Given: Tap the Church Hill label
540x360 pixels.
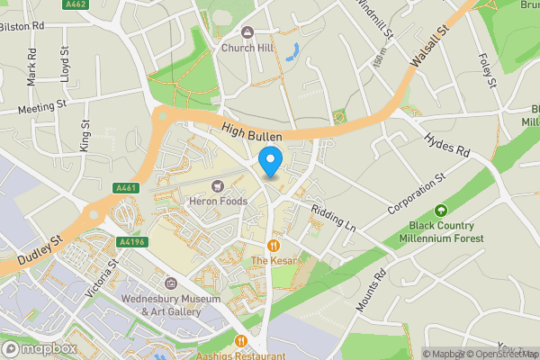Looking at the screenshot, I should pyautogui.click(x=247, y=48).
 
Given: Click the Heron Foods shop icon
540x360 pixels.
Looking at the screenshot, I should pyautogui.click(x=216, y=186).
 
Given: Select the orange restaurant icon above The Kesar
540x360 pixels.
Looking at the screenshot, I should pyautogui.click(x=273, y=246).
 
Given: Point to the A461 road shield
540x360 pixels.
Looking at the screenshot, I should pyautogui.click(x=126, y=188).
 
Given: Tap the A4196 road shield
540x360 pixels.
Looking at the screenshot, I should pyautogui.click(x=131, y=242).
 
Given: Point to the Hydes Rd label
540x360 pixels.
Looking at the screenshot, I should pyautogui.click(x=447, y=144).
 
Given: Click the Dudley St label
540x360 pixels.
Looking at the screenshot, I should pyautogui.click(x=36, y=252).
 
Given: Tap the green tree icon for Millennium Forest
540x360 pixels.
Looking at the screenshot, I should pyautogui.click(x=441, y=212).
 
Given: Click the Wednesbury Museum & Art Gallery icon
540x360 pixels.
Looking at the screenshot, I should pyautogui.click(x=172, y=284).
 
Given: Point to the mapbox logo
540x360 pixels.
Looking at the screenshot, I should pyautogui.click(x=40, y=348).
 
